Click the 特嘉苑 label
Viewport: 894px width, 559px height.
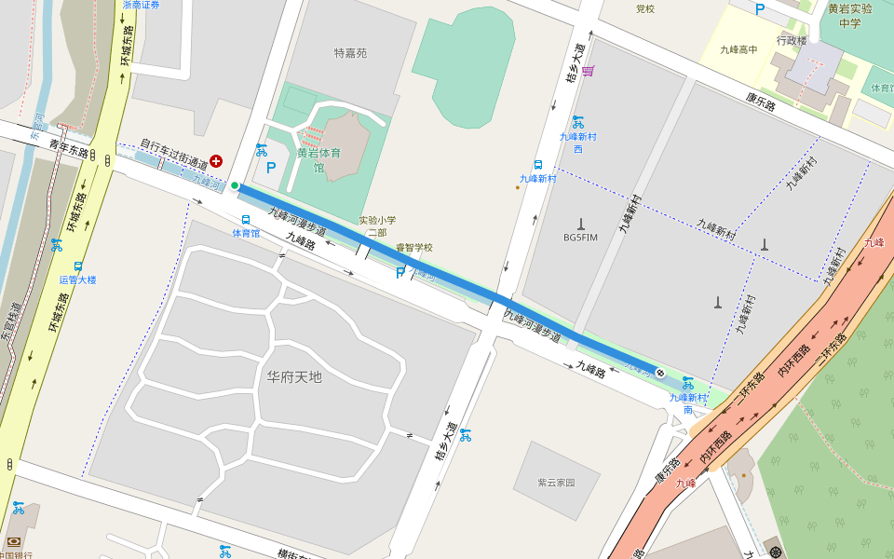[x=350, y=53]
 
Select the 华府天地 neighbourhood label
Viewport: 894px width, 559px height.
[x=293, y=377]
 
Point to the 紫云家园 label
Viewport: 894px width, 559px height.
[x=556, y=483]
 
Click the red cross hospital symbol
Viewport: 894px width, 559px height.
[x=216, y=161]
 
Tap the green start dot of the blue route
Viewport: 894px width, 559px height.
[x=235, y=185]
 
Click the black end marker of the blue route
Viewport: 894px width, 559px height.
[x=660, y=374]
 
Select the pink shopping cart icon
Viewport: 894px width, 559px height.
[x=589, y=71]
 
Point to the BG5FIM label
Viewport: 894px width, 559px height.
[x=581, y=238]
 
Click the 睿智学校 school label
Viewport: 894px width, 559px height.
[x=414, y=248]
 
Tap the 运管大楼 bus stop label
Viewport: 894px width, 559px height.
[x=77, y=279]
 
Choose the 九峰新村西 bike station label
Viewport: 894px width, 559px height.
[x=577, y=142]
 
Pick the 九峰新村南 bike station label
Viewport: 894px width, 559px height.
[x=688, y=403]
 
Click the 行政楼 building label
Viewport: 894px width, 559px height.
[x=792, y=40]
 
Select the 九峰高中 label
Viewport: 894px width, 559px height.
[x=739, y=50]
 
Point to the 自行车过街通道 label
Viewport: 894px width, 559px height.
[x=173, y=155]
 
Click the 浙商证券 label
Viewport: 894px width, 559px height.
[x=141, y=5]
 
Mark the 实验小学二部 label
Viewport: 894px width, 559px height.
[x=377, y=226]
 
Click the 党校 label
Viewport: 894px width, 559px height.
[x=645, y=8]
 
